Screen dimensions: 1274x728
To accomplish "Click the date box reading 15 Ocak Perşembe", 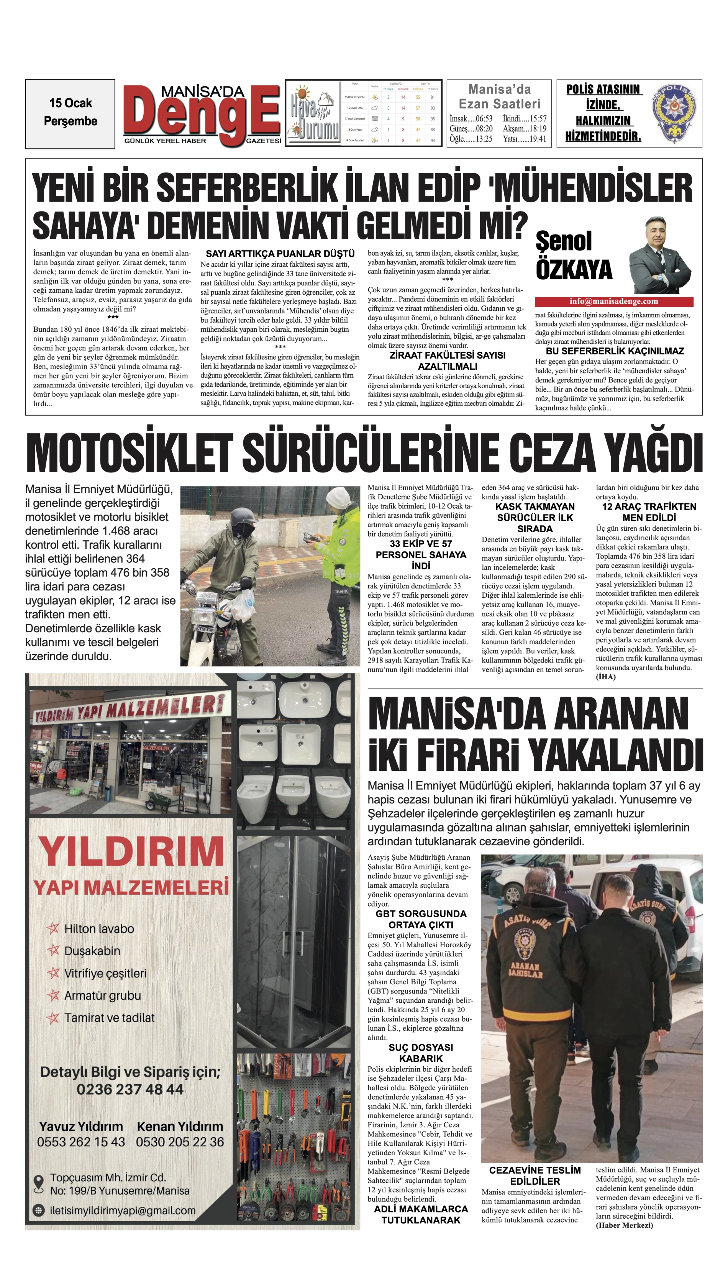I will [x=71, y=113].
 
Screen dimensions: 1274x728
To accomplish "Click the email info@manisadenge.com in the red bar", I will [x=613, y=302].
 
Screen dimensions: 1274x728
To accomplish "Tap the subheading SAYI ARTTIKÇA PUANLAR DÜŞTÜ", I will [x=280, y=254].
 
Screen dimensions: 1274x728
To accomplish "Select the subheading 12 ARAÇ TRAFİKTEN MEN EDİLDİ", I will [x=649, y=512].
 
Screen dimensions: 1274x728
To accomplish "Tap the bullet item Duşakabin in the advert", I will [x=92, y=951].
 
